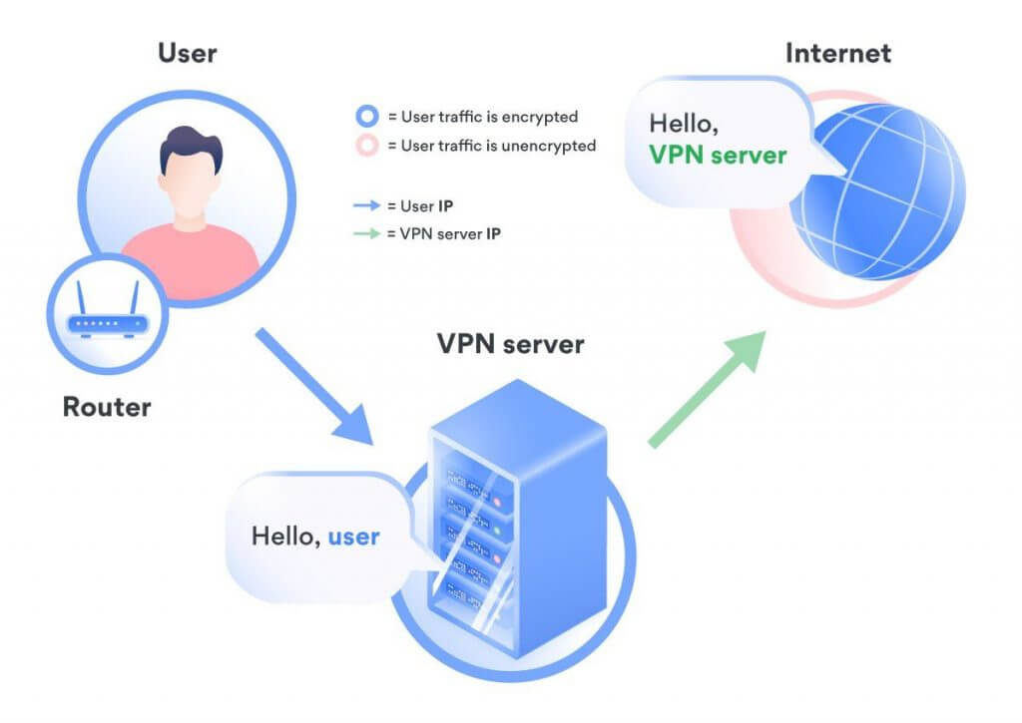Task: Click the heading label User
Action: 188,54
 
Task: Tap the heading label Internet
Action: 837,54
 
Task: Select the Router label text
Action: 107,407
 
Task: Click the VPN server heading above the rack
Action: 510,345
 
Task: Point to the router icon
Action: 107,312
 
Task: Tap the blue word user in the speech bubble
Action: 353,537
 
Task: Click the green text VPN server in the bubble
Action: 718,156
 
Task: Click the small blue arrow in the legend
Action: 368,205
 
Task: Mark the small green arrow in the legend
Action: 368,233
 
